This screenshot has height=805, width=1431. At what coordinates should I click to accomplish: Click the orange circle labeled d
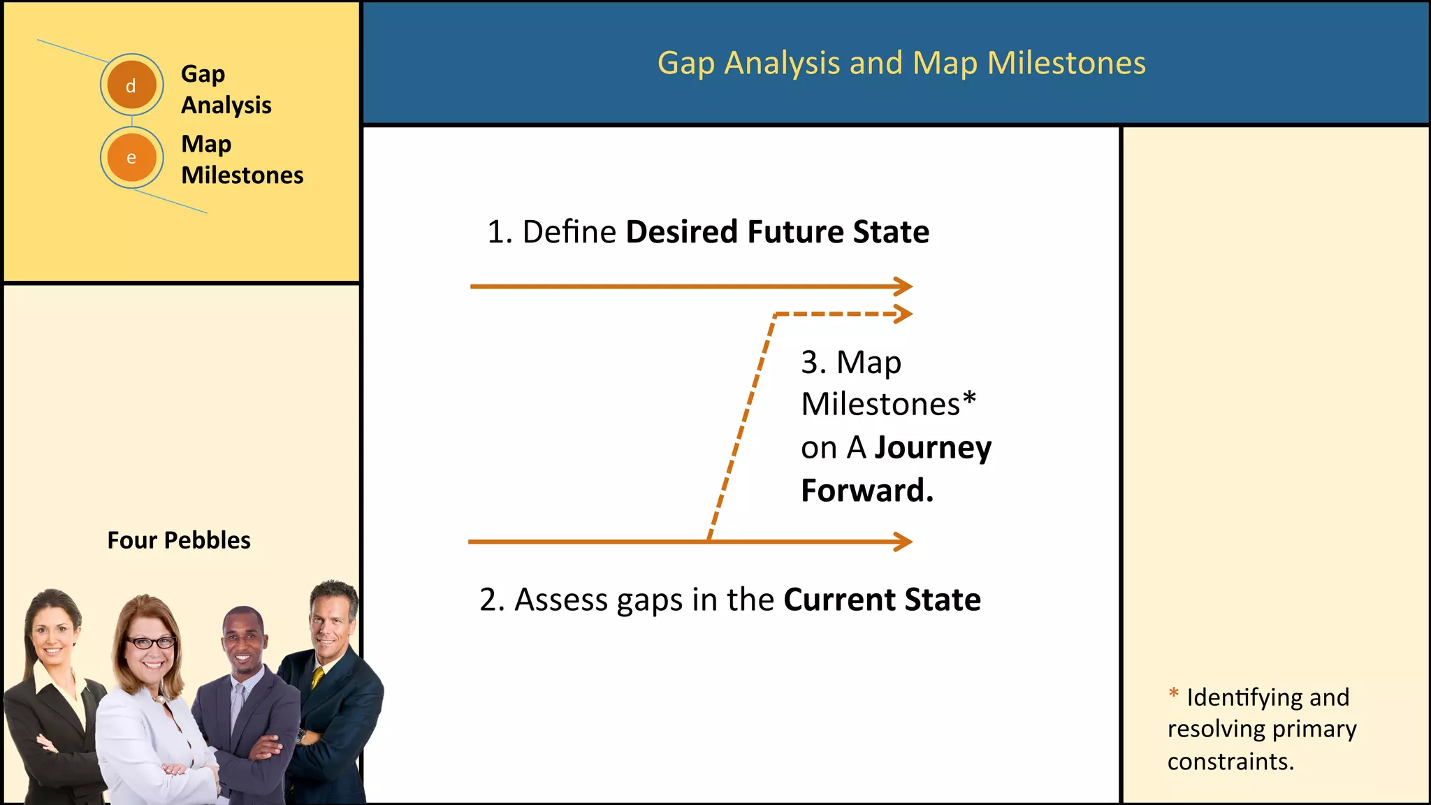(131, 85)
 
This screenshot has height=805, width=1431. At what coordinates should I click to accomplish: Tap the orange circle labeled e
(131, 157)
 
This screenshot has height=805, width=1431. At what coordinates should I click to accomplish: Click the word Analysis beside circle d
(226, 105)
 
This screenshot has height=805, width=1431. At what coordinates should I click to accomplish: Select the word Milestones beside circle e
(242, 175)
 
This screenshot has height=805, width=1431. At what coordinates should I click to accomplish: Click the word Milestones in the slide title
(1066, 63)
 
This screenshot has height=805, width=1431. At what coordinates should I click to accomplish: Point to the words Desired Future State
(777, 232)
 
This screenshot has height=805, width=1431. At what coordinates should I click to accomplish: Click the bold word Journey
(933, 448)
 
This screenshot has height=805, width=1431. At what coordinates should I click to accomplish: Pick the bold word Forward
(866, 491)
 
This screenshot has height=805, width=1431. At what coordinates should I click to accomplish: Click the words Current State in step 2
(882, 600)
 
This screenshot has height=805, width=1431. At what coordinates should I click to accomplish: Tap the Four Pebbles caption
(179, 540)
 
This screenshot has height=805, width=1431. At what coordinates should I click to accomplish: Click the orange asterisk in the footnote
(1174, 693)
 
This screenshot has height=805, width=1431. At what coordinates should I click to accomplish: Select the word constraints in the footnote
(1230, 761)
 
